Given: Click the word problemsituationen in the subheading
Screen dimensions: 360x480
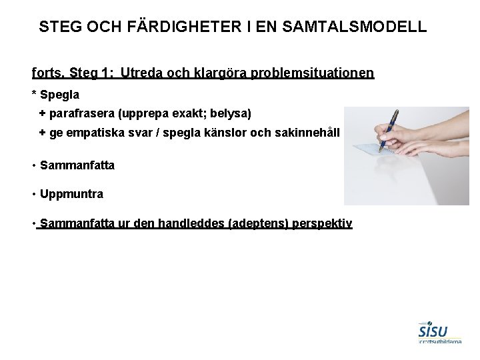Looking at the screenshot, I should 313,72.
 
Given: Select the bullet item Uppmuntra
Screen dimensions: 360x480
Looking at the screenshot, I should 71,195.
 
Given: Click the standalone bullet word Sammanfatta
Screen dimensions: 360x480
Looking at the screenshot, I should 77,165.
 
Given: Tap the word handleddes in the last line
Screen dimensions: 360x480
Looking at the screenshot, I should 192,225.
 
